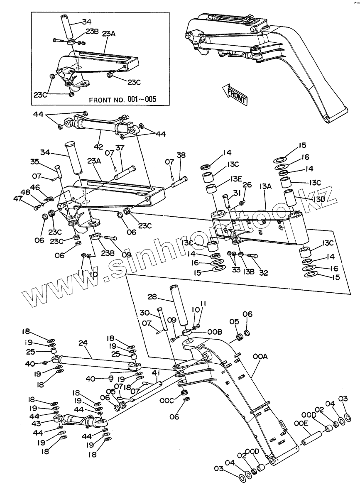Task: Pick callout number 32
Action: pos(263,273)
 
